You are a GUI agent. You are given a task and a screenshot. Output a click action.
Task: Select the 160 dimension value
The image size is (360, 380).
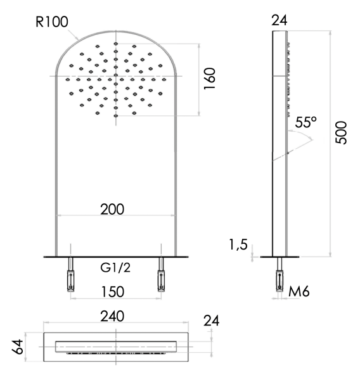(x=210, y=79)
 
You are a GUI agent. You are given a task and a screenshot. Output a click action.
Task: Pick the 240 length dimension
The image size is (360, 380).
(x=116, y=315)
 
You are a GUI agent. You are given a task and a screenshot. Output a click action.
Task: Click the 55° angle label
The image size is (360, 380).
(x=305, y=123)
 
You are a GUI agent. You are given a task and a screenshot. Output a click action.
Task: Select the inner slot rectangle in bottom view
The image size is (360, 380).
(x=116, y=346)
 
